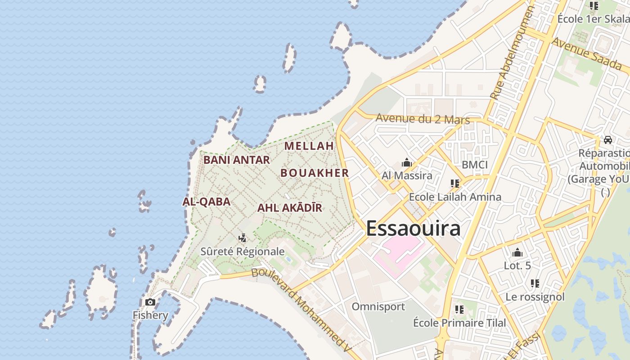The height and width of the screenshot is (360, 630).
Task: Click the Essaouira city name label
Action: coord(413,228)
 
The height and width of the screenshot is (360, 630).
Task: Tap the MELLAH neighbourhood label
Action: coord(309,146)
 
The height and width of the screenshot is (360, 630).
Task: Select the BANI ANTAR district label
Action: coord(237,160)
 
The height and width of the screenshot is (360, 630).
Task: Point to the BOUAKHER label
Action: coord(315,173)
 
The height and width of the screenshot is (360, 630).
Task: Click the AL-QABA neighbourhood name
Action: coord(207,202)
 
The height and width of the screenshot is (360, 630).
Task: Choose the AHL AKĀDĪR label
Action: coord(290,208)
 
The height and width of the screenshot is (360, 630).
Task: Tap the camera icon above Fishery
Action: coord(150,302)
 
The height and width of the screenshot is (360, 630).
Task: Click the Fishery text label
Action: coord(150,315)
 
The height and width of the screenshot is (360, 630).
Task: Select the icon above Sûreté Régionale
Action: coord(243,238)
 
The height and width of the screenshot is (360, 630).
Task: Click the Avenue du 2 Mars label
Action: coord(423,119)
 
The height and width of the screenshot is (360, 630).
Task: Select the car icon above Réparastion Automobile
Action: coord(608,139)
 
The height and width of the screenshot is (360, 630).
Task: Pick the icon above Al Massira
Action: coord(407,162)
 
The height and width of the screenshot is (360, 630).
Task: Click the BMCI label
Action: coord(475,165)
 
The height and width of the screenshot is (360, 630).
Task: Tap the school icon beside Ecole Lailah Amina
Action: coord(455,184)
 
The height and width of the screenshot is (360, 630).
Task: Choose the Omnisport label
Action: coord(378,307)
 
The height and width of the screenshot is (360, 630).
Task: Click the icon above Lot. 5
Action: coord(517,252)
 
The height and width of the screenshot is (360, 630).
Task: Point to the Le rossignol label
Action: coord(535,297)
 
